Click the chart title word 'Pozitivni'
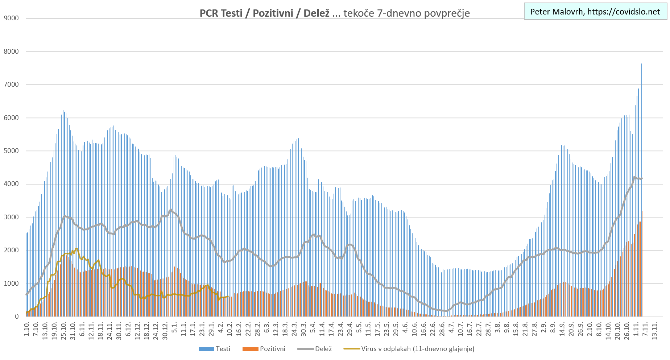(273, 13)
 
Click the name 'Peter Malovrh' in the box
(556, 12)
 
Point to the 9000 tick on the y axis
(11, 18)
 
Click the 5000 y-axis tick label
(11, 151)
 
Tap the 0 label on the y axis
(17, 316)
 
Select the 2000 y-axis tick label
(11, 251)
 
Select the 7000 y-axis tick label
(11, 85)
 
